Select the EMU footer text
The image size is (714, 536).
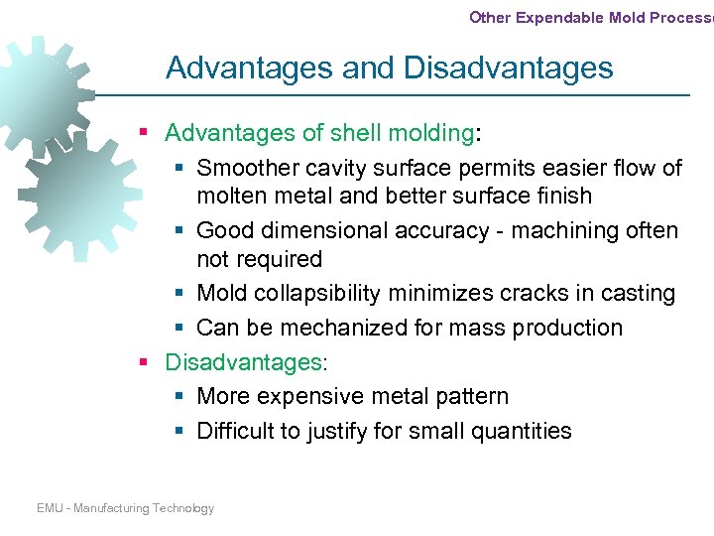pyautogui.click(x=125, y=508)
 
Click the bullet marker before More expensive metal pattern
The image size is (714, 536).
pyautogui.click(x=178, y=397)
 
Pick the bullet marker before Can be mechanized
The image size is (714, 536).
pyautogui.click(x=178, y=329)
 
